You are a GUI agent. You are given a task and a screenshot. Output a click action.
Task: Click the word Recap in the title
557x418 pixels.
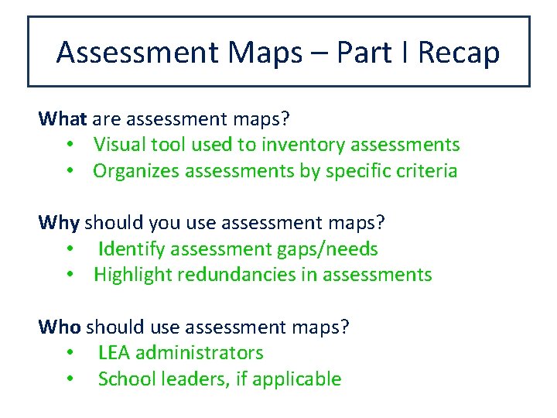(x=459, y=53)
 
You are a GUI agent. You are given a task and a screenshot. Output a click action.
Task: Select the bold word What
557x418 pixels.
(x=63, y=119)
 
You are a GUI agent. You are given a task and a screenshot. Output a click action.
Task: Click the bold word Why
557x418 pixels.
(x=59, y=224)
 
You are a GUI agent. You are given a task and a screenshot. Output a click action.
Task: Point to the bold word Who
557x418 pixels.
(x=60, y=327)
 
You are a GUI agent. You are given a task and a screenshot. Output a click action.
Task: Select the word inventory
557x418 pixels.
(x=302, y=145)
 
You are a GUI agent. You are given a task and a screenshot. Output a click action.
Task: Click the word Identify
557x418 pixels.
(x=131, y=249)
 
